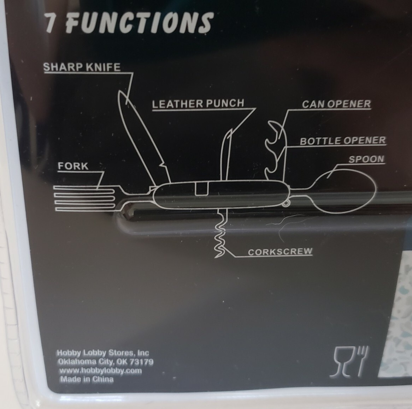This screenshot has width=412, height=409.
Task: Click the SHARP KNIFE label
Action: pos(82,67)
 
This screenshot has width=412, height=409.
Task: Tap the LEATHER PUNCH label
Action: pos(198,104)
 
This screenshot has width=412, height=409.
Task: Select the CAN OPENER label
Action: pos(336,104)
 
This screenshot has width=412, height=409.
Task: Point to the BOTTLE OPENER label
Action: pos(343,140)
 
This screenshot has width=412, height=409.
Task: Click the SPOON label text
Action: pos(366,159)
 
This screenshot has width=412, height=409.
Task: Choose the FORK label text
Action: pos(73,166)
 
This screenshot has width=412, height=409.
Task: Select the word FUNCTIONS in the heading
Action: pos(139,23)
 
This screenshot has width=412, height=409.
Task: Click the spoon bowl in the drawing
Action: pos(344,191)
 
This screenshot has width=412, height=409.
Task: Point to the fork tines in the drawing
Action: pos(84,198)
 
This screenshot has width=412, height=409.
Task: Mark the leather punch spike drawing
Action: pos(226,155)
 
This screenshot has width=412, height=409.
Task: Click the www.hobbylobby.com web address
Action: pos(100,371)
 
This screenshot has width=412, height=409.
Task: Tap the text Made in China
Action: pos(87,379)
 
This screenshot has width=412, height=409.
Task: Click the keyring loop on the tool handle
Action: pos(286,203)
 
